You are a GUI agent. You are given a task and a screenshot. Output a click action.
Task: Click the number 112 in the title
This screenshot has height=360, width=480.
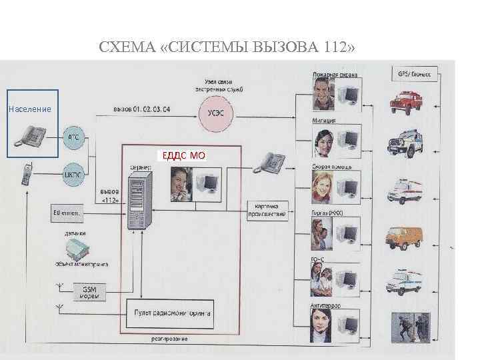(337, 49)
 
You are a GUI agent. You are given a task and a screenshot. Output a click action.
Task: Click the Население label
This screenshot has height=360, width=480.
(29, 108)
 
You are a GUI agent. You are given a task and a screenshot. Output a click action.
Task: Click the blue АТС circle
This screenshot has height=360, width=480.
(74, 137)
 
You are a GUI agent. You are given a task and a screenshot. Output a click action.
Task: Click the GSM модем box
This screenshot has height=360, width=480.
(89, 292)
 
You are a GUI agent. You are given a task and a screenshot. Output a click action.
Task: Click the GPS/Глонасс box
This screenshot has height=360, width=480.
(414, 75)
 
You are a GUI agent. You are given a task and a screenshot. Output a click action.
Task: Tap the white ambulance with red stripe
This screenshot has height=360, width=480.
(407, 189)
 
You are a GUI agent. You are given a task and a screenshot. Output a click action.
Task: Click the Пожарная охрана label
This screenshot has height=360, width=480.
(335, 74)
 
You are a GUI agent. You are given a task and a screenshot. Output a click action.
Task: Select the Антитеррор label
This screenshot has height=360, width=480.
(327, 306)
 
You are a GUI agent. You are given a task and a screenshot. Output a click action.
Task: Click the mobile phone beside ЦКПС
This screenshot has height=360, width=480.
(27, 174)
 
